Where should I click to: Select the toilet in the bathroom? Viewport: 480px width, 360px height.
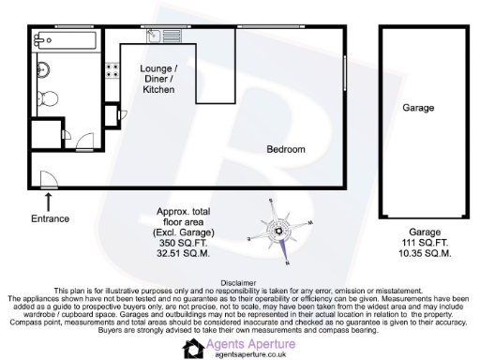54,97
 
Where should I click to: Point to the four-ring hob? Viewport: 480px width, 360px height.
112,68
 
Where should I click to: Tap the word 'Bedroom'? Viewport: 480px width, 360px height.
286,149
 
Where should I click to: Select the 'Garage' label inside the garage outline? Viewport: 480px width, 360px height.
418,108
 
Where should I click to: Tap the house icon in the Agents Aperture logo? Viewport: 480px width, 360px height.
194,349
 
